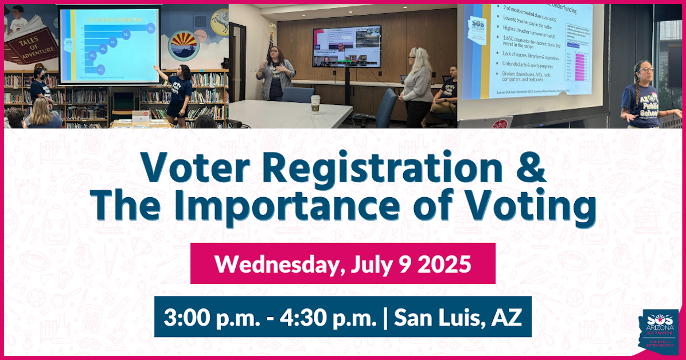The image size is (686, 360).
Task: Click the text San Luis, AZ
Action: [x=457, y=317]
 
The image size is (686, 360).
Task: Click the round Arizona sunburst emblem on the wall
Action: [x=184, y=44]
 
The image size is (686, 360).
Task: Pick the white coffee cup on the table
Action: [x=315, y=104]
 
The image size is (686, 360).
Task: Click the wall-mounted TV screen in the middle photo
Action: [x=347, y=46]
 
